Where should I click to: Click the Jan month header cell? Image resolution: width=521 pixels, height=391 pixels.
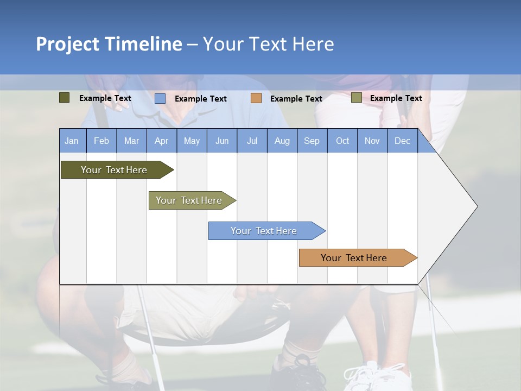[72, 141]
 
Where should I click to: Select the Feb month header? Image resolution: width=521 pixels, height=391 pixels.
[101, 141]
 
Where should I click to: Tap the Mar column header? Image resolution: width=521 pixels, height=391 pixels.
[131, 141]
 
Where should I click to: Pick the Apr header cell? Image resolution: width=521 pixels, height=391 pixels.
[162, 141]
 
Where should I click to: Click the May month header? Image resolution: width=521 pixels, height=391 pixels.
[192, 141]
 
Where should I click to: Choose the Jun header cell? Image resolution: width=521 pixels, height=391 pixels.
[222, 141]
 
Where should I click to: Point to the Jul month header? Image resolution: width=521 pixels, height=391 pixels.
[252, 141]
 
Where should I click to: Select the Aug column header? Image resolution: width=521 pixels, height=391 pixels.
[282, 141]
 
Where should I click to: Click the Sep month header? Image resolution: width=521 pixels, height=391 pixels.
[312, 141]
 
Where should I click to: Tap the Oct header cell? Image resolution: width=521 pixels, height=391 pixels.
[342, 141]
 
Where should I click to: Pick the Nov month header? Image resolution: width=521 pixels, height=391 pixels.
[372, 141]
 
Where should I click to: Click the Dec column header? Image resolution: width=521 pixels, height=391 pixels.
[403, 141]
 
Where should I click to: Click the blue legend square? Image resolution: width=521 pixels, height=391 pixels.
[160, 98]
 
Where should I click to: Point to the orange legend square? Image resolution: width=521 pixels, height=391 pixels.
[256, 98]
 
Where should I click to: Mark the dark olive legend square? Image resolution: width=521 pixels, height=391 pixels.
[65, 98]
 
